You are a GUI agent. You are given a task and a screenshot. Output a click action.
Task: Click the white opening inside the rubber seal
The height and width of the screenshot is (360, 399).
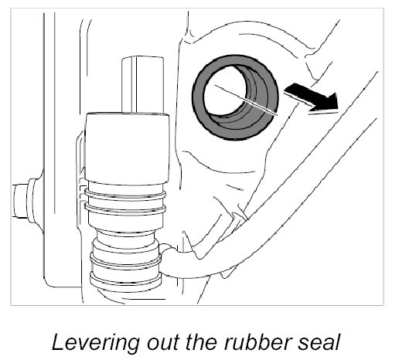coord(223,90)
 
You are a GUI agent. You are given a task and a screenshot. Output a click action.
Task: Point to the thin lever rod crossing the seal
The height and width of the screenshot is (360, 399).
coord(246,100)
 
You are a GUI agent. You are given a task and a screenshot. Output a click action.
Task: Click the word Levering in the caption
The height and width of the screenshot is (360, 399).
coord(95,343)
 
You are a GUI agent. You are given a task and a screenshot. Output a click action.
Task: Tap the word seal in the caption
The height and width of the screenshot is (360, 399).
coord(319,342)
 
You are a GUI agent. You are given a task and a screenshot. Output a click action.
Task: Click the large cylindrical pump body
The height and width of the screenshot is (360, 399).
coord(127,148)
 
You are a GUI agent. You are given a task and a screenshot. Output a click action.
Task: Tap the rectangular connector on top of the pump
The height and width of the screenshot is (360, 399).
coord(142,84)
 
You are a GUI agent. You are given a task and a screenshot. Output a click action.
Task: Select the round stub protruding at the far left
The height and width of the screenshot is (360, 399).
coord(24,201)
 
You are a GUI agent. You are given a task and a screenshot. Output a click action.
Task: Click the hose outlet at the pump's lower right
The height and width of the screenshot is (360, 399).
coord(168,260)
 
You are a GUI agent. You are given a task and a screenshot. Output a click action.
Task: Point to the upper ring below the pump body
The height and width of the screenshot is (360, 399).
coord(125,194)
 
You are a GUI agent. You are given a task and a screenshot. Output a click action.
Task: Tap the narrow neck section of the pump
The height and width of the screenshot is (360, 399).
coord(126,237)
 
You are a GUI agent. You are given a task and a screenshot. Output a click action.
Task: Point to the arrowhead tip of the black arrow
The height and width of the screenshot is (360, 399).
coord(338,109)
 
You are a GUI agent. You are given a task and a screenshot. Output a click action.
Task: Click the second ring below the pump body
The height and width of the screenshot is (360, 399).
coord(125,209)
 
